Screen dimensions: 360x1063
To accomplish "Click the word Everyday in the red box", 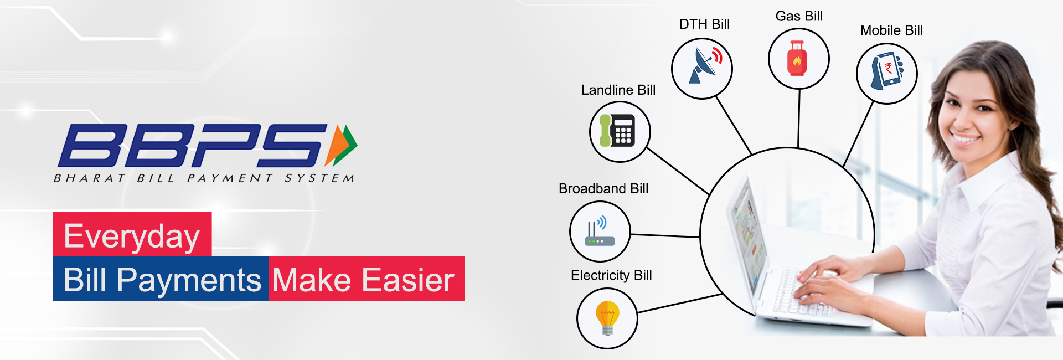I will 132,236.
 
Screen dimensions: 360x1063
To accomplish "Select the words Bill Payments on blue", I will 162,280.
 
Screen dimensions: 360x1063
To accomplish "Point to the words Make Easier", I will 363,280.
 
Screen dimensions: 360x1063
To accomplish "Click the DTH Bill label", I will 704,24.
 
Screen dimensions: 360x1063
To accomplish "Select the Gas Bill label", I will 799,16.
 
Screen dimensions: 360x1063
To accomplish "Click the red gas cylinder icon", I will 797,59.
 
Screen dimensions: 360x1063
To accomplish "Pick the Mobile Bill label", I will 891,30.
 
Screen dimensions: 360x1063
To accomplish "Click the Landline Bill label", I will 618,90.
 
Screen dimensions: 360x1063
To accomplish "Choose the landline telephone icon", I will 619,131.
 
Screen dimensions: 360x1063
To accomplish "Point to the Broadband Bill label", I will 603,189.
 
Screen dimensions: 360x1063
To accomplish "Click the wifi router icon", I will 600,232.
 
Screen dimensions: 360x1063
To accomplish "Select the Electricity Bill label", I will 611,275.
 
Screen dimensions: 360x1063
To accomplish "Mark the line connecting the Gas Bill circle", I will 798,118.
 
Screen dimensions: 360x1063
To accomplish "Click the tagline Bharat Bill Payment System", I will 204,178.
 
